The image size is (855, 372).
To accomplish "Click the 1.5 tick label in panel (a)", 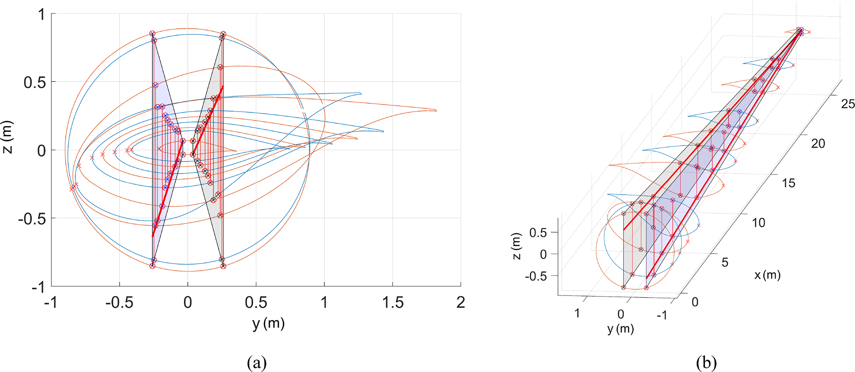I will point(392,303).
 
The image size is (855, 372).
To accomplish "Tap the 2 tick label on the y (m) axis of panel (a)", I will point(460,303).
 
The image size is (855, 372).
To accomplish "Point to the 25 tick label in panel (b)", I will point(848,104).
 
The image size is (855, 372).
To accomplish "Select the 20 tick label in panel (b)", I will point(818,143).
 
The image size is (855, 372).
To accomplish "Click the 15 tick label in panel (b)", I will point(788,183).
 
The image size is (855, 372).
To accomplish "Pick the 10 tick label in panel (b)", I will point(758,223).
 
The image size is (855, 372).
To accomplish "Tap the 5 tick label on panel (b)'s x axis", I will point(725,262).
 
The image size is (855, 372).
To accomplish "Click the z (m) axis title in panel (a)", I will point(8,137).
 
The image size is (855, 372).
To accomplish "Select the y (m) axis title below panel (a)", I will point(268,323).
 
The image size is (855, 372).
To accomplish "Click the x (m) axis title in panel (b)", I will point(767,275).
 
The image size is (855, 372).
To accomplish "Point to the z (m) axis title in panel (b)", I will point(517,247).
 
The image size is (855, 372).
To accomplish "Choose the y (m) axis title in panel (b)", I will point(620,329).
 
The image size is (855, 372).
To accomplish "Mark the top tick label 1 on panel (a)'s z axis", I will point(41,15).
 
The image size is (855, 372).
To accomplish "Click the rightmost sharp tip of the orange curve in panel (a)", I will point(436,110).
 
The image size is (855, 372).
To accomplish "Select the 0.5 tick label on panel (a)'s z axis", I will point(34,82).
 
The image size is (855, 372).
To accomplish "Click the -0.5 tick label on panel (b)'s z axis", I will point(536,276).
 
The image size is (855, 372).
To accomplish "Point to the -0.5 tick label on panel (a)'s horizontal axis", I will point(119,303).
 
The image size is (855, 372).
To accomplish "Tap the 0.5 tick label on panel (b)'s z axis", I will point(538,233).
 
